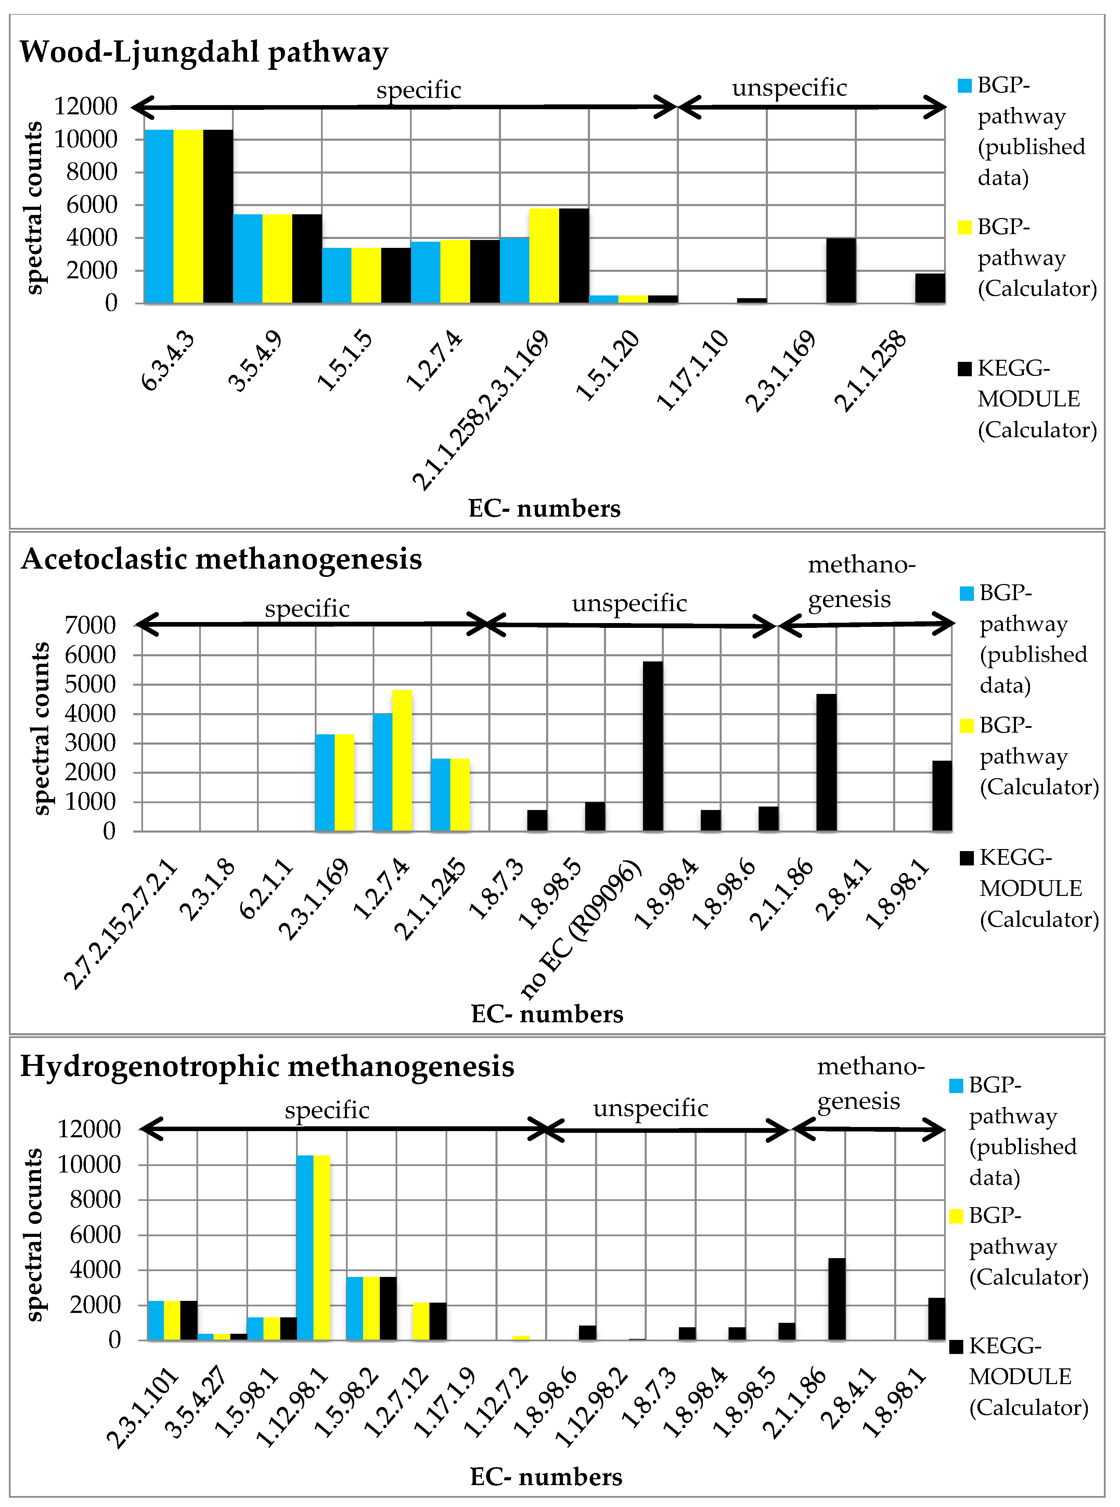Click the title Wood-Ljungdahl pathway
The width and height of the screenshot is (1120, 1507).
[x=203, y=52]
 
